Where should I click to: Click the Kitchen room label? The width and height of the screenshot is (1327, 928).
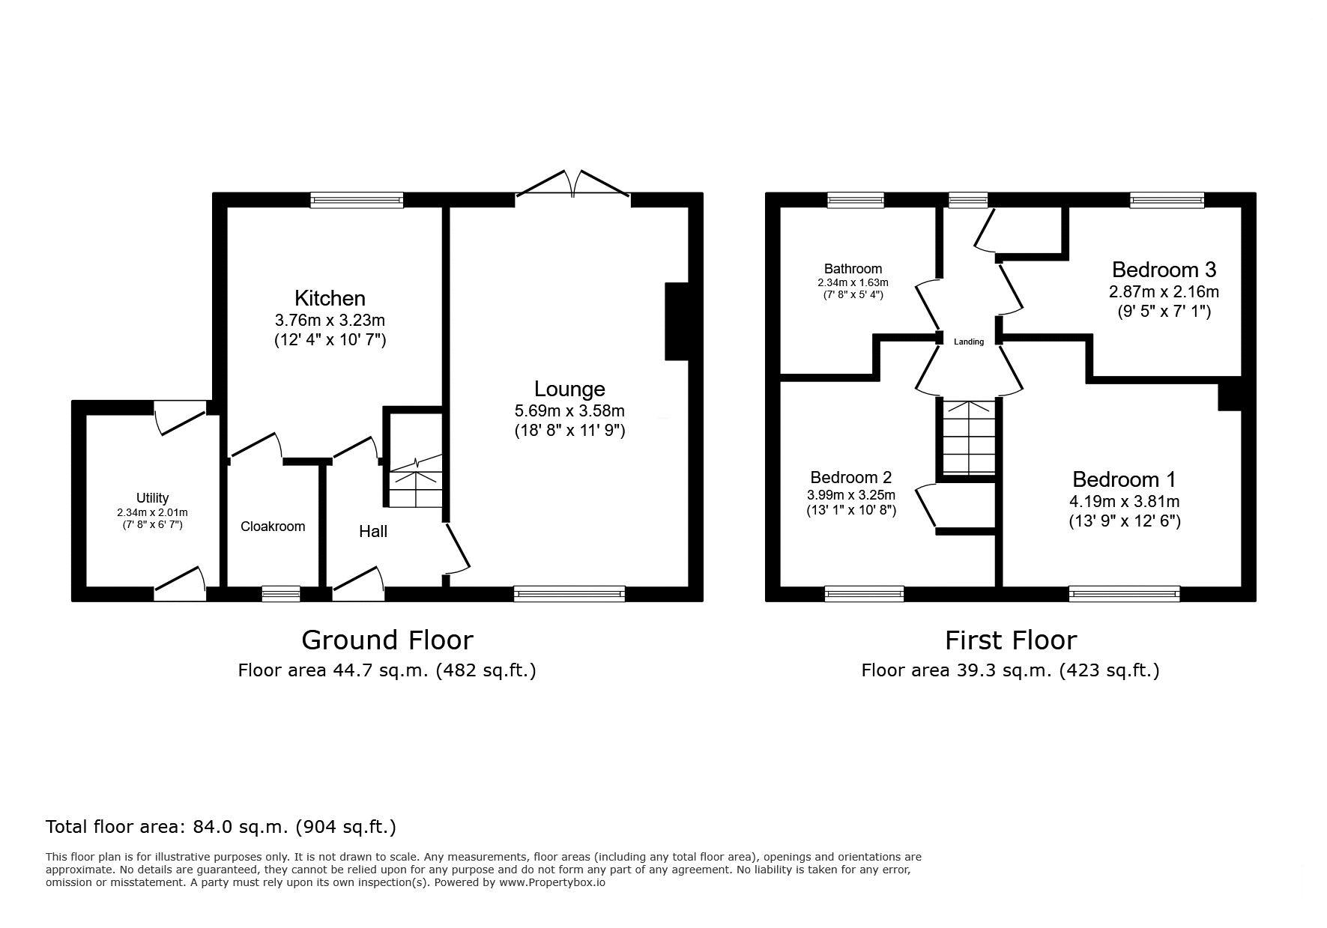(330, 298)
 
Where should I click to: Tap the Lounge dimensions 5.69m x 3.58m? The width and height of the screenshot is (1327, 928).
(569, 410)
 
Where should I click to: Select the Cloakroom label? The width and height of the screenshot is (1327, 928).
(273, 527)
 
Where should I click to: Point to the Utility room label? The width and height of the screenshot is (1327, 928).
(152, 498)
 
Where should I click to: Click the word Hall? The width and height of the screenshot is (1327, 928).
(373, 531)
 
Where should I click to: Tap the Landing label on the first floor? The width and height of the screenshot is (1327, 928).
(969, 342)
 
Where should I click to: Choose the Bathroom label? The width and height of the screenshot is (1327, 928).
(853, 268)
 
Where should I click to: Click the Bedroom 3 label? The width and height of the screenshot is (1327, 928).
(1164, 269)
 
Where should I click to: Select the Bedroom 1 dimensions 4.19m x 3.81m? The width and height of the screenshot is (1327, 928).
(1124, 501)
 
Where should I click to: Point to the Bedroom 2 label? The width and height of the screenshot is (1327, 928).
(851, 477)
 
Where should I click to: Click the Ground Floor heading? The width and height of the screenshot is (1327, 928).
(387, 640)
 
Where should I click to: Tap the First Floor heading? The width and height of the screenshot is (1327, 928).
(1010, 640)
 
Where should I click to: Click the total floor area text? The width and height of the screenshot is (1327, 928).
(221, 827)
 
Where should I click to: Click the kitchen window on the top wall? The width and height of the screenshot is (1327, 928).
(357, 200)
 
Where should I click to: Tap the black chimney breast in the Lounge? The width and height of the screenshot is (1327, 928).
(677, 321)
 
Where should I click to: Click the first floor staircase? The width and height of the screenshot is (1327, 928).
(968, 437)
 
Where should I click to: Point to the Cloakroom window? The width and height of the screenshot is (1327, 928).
(281, 594)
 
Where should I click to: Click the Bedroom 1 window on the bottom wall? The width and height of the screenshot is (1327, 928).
(1124, 594)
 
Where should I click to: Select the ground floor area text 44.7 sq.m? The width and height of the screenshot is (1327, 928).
(387, 670)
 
